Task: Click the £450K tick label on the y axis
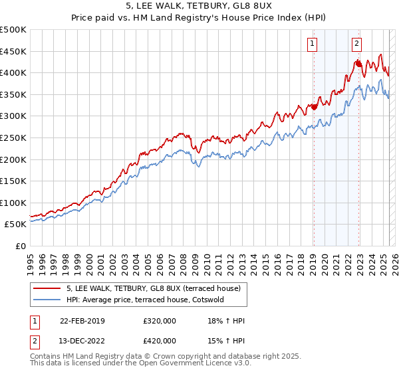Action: [13, 51]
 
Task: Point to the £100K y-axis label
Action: [13, 203]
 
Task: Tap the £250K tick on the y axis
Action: [13, 138]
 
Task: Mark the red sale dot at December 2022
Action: [358, 64]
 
